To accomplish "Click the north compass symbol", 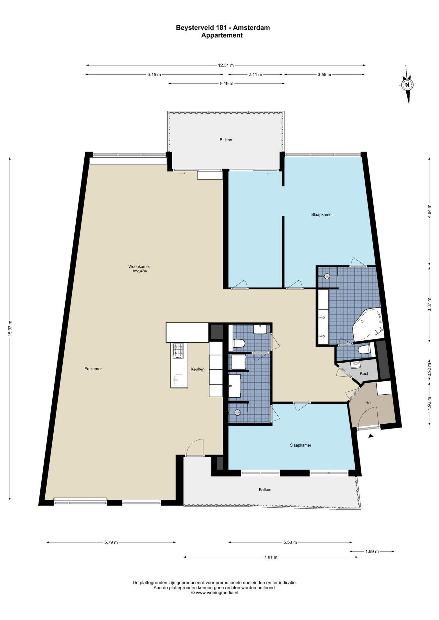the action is click(x=407, y=85).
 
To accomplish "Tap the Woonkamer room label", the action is click(x=139, y=267).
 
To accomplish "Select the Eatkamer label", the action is click(x=93, y=369).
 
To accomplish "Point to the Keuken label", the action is click(x=198, y=369).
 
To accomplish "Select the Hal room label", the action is click(x=368, y=403).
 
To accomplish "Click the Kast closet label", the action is click(x=364, y=374).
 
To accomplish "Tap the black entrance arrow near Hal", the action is click(x=371, y=436).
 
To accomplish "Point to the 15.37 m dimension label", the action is click(x=10, y=329).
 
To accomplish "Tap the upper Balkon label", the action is click(x=226, y=140).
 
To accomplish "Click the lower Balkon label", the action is click(x=265, y=490).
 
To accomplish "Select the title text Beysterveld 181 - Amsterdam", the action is click(x=223, y=28).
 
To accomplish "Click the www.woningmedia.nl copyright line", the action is click(x=215, y=593).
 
